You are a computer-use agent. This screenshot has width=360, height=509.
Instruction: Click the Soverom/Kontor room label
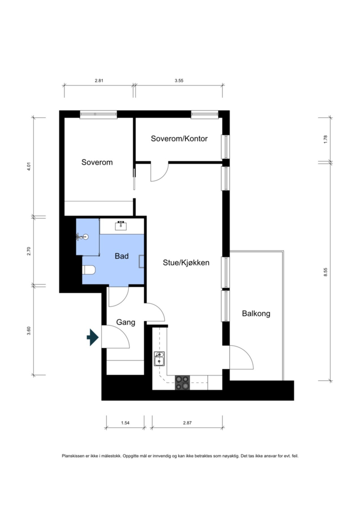179,139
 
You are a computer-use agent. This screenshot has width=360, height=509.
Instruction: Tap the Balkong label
256,314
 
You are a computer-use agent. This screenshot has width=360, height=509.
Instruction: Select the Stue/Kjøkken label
186,263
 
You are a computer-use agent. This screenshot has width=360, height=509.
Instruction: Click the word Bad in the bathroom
122,256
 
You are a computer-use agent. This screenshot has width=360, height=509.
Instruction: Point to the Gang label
126,322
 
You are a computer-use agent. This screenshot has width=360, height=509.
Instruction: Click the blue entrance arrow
92,337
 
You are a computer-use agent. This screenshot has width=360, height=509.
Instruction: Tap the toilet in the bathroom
89,270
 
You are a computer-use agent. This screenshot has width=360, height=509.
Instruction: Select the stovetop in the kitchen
182,383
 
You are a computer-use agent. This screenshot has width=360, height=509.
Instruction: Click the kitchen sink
159,359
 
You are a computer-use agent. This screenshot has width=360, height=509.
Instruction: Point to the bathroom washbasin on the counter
121,226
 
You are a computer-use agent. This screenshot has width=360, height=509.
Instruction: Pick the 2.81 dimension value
99,81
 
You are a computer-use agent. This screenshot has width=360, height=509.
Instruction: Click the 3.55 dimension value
179,81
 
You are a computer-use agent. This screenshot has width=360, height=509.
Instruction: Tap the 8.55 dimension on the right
325,272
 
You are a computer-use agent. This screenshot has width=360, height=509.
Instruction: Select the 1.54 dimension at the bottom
125,423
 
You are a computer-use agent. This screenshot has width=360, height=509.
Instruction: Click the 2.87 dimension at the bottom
187,423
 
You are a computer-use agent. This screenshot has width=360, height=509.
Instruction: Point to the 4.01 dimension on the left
28,166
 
